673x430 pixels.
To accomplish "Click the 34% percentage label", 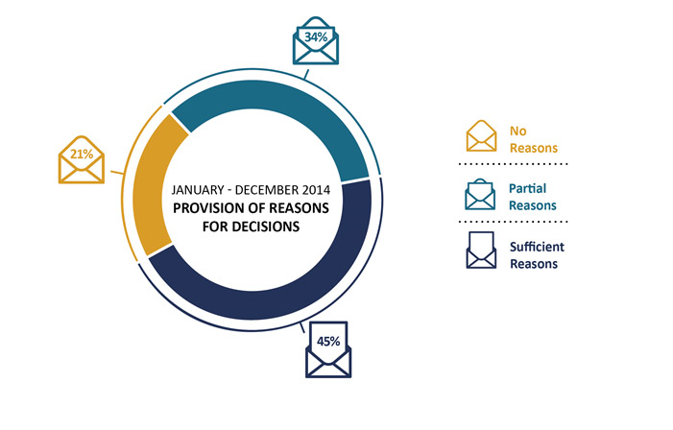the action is point(316,36).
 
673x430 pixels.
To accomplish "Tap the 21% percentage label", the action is point(82,154).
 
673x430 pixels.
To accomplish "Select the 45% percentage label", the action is point(328,341).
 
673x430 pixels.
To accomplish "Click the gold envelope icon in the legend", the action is point(482,135).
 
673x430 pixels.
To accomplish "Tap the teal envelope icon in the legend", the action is point(480,195).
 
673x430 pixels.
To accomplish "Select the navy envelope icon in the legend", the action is point(481,251).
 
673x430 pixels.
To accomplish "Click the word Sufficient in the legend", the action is point(537,247).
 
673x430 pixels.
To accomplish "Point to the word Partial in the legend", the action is point(527,189).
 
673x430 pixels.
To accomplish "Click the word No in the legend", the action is point(518,131).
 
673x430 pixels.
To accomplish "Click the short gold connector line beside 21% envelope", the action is point(117,173).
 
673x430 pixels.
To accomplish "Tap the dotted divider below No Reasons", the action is point(513,164).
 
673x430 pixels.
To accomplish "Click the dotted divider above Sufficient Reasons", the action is point(513,222).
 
